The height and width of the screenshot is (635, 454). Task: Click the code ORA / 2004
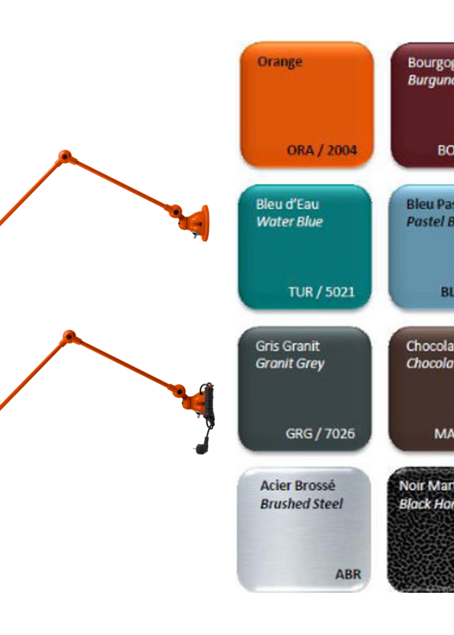(322, 150)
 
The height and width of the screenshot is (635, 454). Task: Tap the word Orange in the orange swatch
(280, 62)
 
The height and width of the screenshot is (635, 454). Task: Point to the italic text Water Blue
(290, 222)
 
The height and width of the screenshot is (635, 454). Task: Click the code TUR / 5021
(321, 292)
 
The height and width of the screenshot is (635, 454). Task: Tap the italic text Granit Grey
(290, 363)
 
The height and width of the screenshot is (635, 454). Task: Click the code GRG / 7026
(320, 434)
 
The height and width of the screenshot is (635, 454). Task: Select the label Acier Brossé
(297, 486)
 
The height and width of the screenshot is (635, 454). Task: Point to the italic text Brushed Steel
(301, 504)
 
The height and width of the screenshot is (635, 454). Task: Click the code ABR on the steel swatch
(348, 574)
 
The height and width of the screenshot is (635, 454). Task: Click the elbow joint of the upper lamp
(65, 157)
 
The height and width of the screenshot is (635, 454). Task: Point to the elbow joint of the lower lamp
(69, 337)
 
